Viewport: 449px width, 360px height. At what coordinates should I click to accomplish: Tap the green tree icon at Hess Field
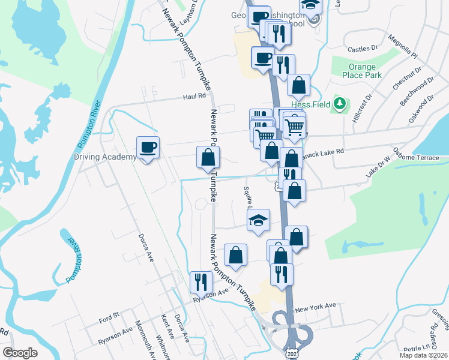(340, 104)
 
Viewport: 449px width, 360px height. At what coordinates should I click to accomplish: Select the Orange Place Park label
(363, 71)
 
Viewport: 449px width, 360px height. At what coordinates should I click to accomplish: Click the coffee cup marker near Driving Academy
(148, 148)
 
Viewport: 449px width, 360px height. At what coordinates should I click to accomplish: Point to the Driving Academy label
(105, 157)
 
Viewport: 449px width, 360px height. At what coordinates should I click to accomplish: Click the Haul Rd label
(194, 95)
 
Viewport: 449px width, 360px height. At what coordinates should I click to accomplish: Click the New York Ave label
(316, 307)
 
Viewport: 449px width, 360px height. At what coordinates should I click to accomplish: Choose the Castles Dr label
(362, 47)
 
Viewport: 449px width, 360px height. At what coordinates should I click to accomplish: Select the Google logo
(20, 352)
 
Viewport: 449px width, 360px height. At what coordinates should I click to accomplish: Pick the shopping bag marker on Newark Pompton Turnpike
(208, 158)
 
